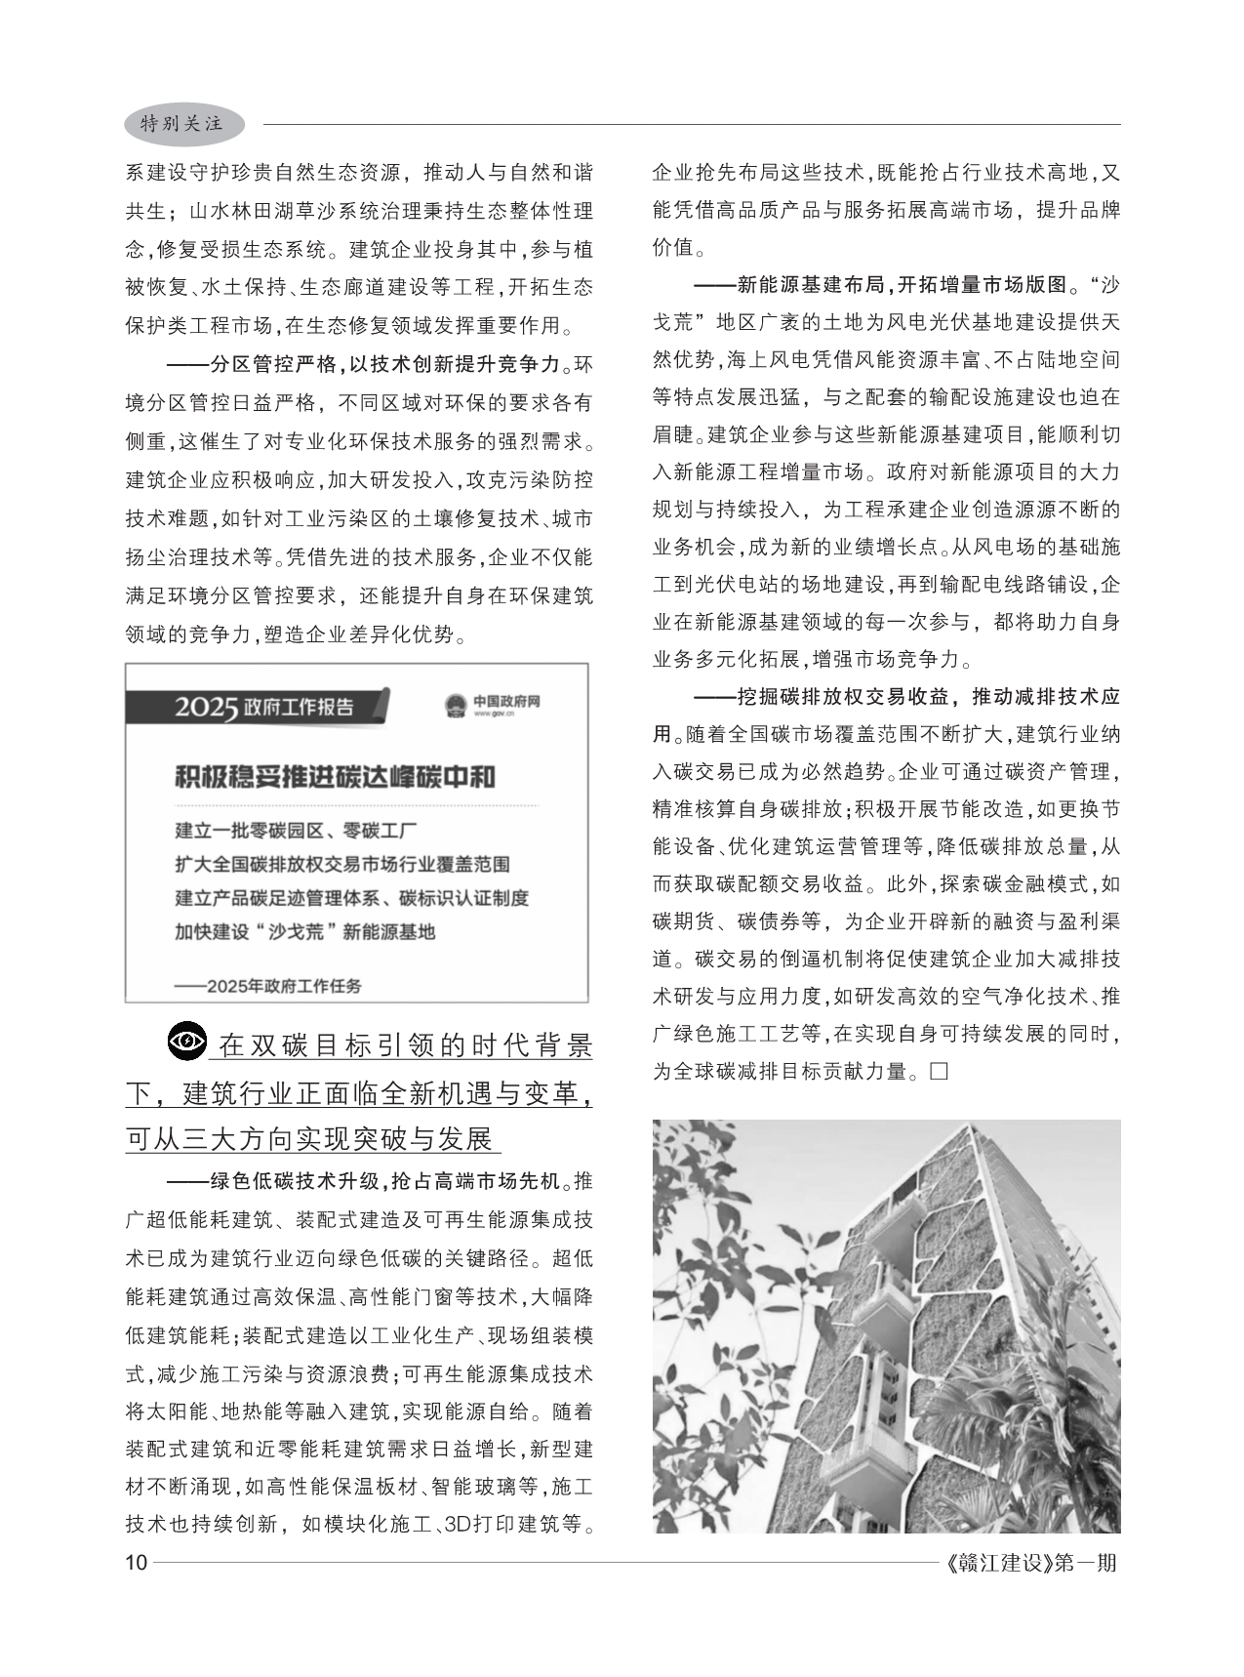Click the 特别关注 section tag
(x=182, y=124)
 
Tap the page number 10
(x=136, y=1563)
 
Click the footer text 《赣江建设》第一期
(x=1031, y=1563)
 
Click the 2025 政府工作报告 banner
(x=264, y=707)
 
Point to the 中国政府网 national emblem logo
(x=455, y=706)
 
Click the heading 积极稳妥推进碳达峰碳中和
(x=335, y=777)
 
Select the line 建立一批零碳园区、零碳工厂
(x=296, y=832)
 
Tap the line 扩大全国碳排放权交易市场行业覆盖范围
(x=341, y=865)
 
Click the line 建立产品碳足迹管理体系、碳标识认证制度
(x=351, y=898)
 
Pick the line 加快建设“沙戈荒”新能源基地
(x=304, y=931)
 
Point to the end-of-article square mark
(x=940, y=1072)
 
